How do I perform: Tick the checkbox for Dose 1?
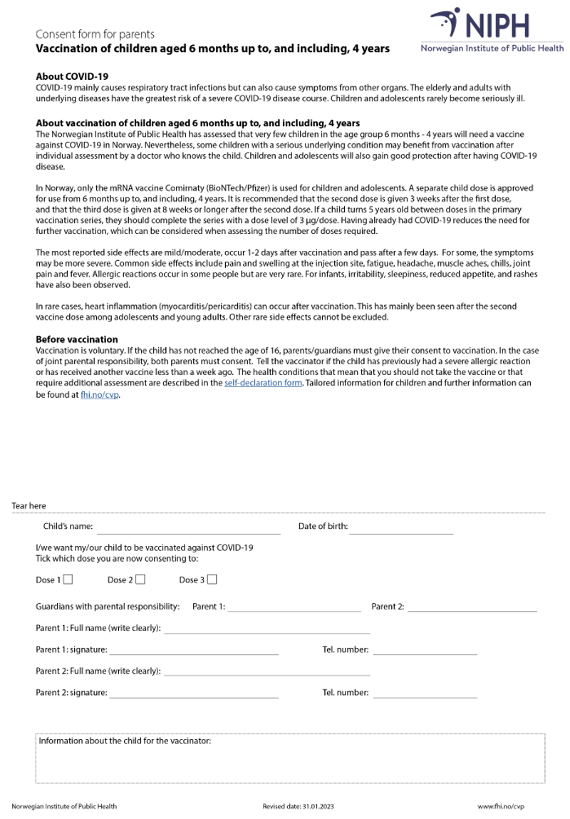(x=68, y=580)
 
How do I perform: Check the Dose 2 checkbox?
(x=140, y=580)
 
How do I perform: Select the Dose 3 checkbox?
(x=212, y=580)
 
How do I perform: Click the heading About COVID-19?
(x=72, y=76)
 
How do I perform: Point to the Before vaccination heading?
(x=77, y=339)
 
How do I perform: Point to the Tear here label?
(x=28, y=506)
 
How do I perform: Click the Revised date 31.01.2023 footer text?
(x=298, y=806)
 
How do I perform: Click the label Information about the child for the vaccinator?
(x=125, y=741)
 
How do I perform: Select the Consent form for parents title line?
(x=95, y=34)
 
